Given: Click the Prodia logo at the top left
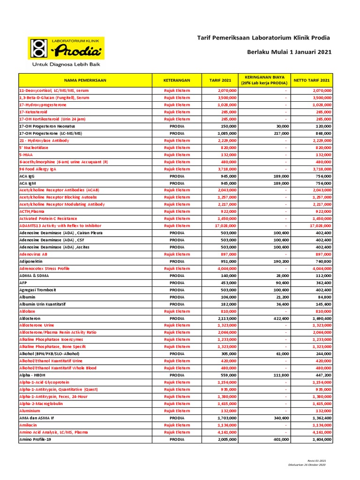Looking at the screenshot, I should click(67, 48).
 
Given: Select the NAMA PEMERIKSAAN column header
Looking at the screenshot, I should click(86, 80).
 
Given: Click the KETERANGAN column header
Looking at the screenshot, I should click(177, 80).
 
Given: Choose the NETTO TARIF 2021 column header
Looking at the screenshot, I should click(312, 80).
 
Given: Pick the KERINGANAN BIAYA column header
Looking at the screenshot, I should click(265, 80).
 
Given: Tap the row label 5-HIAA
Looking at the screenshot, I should click(26, 154).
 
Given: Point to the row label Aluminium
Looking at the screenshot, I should click(30, 411).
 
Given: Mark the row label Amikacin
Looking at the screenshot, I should click(29, 425).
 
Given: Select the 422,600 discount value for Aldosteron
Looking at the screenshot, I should click(279, 318).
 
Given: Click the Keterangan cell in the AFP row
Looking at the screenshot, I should click(177, 283).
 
